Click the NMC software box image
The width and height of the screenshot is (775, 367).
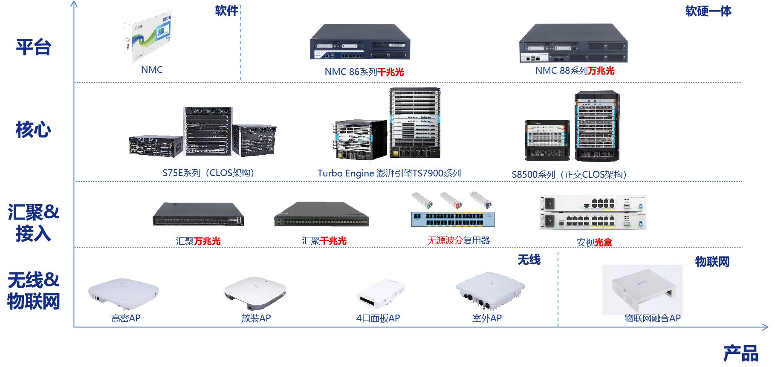[x=147, y=37]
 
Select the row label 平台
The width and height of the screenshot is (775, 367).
[x=34, y=47]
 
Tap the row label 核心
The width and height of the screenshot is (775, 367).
[x=34, y=130]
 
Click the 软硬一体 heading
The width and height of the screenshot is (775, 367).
[x=708, y=11]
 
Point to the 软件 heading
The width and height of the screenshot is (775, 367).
[x=226, y=10]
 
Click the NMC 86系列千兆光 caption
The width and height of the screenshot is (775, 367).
[x=364, y=72]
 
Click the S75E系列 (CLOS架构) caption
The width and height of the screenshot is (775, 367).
[x=208, y=173]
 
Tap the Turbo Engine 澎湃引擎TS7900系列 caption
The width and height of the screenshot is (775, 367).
[x=389, y=173]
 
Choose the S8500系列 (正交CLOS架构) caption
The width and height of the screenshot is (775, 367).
[x=569, y=175]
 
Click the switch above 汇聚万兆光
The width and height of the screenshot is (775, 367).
[x=199, y=214]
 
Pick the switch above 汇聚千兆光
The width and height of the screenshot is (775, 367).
[x=321, y=215]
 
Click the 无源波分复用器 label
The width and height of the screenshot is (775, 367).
[x=459, y=240]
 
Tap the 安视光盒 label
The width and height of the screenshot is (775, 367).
[x=594, y=243]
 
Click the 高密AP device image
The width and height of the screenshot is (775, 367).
[x=124, y=294]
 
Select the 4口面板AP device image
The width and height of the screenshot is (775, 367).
[x=381, y=293]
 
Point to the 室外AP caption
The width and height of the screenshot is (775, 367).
[x=487, y=318]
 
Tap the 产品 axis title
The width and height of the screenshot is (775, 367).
[x=741, y=353]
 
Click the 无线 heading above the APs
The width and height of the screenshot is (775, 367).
[x=529, y=260]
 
